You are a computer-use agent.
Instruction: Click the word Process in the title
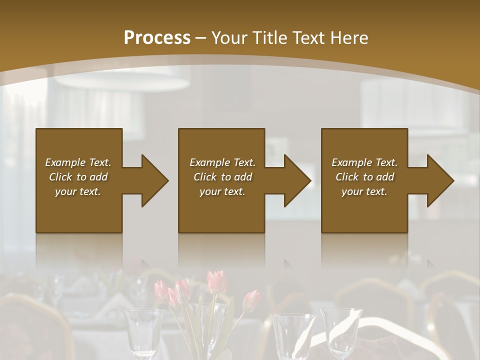(157, 38)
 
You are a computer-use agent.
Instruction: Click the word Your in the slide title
(229, 38)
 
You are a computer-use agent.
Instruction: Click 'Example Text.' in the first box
(78, 162)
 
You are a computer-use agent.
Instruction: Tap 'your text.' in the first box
(78, 191)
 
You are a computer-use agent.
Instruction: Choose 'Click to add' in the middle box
(222, 177)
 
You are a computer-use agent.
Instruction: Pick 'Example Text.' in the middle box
(222, 162)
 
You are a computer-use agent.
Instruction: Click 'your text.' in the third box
(364, 191)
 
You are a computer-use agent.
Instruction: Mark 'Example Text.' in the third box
(364, 162)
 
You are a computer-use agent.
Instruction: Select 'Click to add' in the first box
(78, 177)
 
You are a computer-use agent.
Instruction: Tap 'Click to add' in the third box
(364, 177)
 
